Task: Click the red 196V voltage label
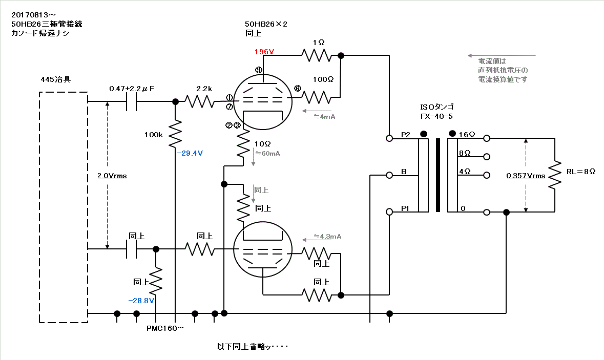[264, 52]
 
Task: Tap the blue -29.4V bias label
[190, 153]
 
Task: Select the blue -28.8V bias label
[141, 301]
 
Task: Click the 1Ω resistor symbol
[318, 55]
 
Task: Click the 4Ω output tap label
[465, 172]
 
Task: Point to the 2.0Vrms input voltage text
[112, 176]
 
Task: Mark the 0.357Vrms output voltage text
[526, 176]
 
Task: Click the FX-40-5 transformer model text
[435, 116]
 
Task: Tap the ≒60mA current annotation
[267, 153]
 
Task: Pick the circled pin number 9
[259, 70]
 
